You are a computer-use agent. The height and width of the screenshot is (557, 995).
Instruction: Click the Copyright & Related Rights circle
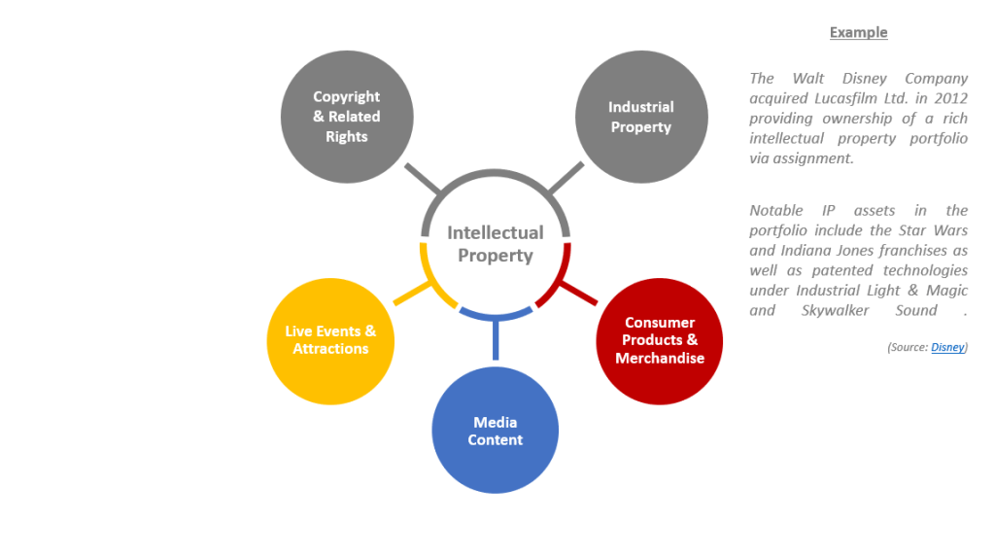347,117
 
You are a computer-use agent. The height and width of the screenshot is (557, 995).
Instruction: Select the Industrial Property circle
641,117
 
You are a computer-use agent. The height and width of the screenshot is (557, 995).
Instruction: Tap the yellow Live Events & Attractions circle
330,340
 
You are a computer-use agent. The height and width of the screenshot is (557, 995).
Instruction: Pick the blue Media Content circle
496,431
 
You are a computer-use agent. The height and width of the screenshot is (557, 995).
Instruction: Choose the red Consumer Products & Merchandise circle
660,340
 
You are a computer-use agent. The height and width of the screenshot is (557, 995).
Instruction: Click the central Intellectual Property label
496,244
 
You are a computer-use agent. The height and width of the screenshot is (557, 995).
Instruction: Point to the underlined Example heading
858,32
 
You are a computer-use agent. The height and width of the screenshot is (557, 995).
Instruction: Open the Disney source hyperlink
948,347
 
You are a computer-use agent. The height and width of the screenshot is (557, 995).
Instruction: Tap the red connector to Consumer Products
579,290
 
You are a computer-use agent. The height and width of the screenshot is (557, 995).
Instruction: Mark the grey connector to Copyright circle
423,179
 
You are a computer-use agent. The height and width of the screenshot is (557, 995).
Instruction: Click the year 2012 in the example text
948,98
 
